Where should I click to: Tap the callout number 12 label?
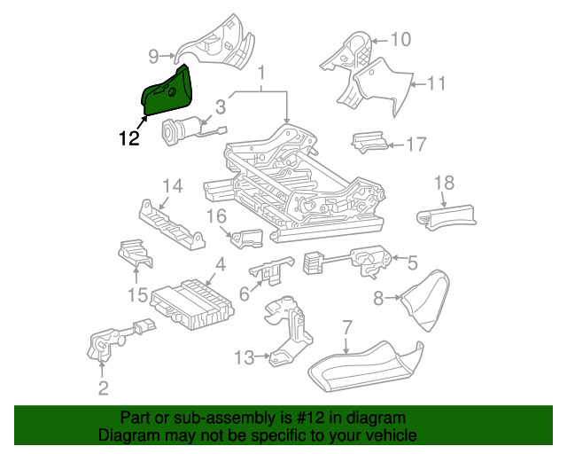(129, 137)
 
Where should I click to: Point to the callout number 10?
(400, 39)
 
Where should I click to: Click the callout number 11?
(435, 84)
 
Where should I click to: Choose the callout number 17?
(416, 143)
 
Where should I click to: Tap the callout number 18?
(444, 184)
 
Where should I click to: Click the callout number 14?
(171, 185)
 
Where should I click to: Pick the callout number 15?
(136, 294)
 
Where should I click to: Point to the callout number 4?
(220, 263)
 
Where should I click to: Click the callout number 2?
(104, 387)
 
